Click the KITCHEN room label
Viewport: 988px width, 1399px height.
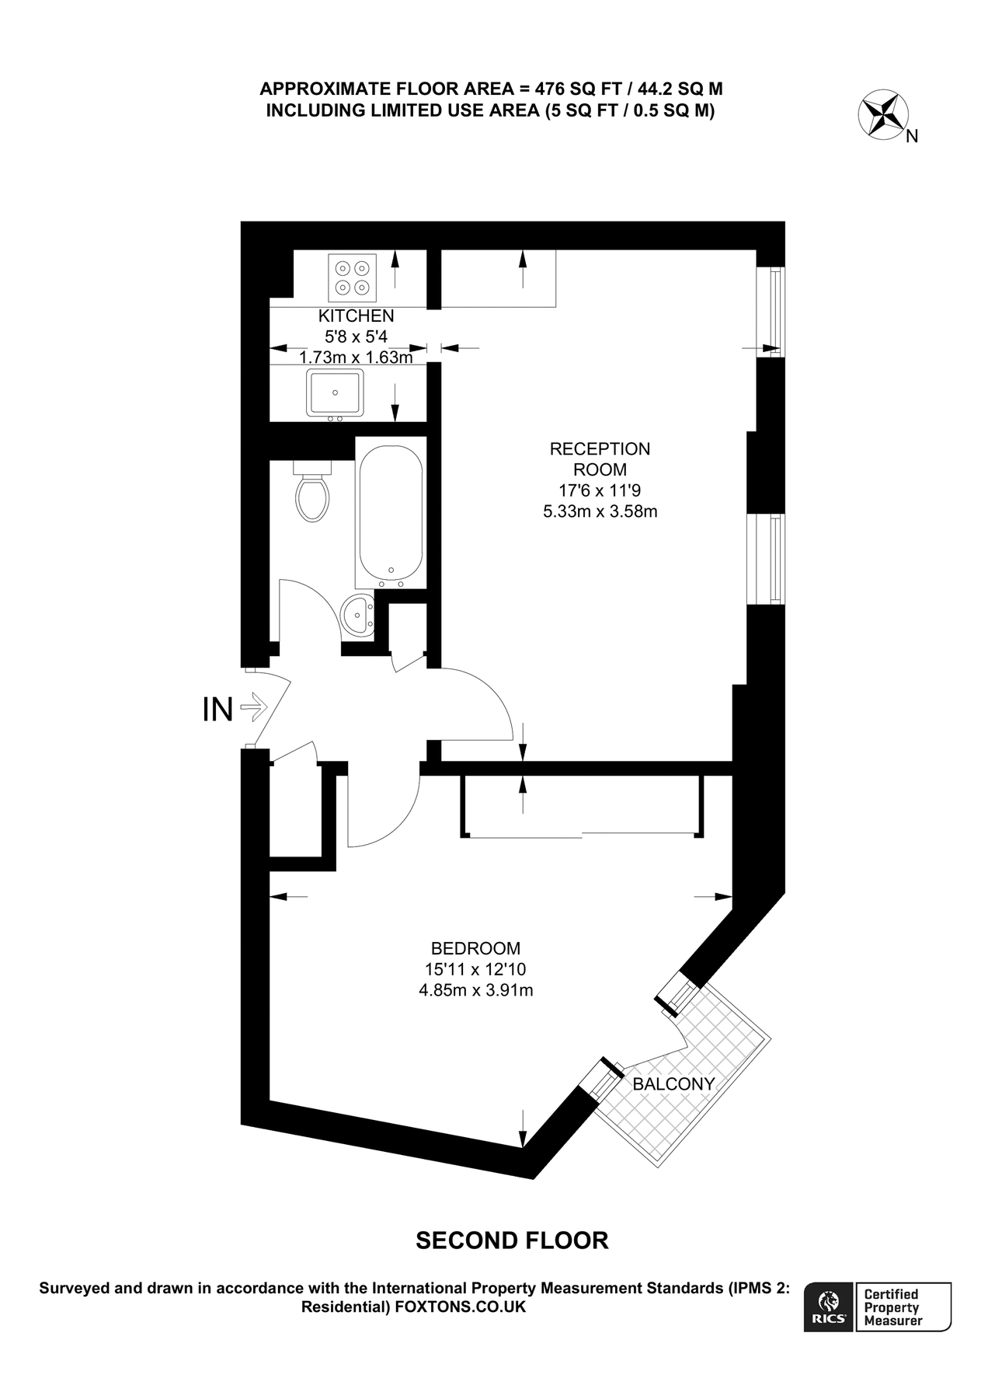(356, 316)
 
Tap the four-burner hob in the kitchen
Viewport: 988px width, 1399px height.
(351, 277)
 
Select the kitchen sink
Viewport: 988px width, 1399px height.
(335, 392)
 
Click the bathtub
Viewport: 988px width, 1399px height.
(390, 513)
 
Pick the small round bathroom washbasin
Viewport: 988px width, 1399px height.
(357, 616)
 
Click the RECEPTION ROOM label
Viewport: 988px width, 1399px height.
(600, 459)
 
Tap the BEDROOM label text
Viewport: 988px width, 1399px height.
(475, 948)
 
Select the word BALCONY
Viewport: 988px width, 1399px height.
(673, 1083)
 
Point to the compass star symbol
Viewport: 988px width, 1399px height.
(883, 114)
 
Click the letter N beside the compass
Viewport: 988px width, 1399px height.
(913, 137)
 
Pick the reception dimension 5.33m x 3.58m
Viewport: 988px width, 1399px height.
(600, 511)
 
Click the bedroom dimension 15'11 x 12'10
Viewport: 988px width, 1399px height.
(475, 969)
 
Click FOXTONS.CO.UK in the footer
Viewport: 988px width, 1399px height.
(461, 1307)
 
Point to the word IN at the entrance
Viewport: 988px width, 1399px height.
(217, 709)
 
